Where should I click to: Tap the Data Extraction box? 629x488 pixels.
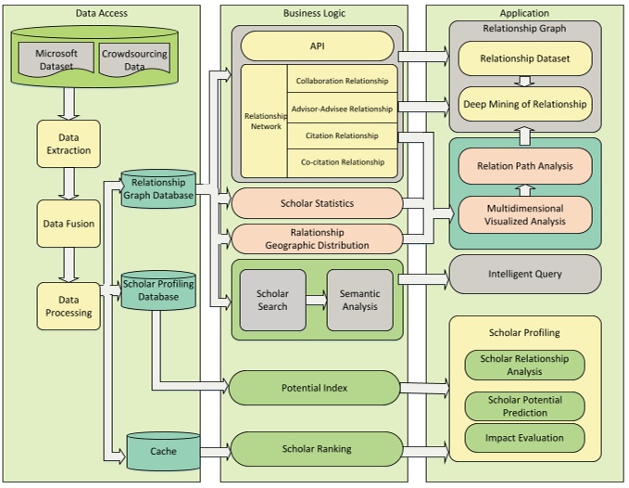pos(69,144)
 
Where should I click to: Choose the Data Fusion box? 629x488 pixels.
pos(69,224)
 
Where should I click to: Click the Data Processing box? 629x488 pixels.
pos(69,306)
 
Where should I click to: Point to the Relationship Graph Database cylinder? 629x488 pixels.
pos(158,189)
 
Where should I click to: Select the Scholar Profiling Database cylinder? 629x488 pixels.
pos(158,290)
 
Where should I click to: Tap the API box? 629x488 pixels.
pos(317,46)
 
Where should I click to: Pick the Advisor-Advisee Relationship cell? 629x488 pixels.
pos(342,109)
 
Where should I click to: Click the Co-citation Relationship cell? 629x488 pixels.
pos(342,162)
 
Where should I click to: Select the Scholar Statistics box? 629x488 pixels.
pos(317,202)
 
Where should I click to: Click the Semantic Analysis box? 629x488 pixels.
pos(359,300)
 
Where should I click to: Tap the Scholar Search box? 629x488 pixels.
pos(272,300)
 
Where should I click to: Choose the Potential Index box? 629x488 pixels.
pos(315,388)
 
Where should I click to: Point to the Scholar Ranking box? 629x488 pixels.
pos(316,449)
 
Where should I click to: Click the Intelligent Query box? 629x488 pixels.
pos(524,275)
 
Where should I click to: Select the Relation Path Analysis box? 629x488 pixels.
pos(524,166)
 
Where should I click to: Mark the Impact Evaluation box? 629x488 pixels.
pos(524,438)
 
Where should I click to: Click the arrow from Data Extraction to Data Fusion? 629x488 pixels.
pos(69,184)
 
